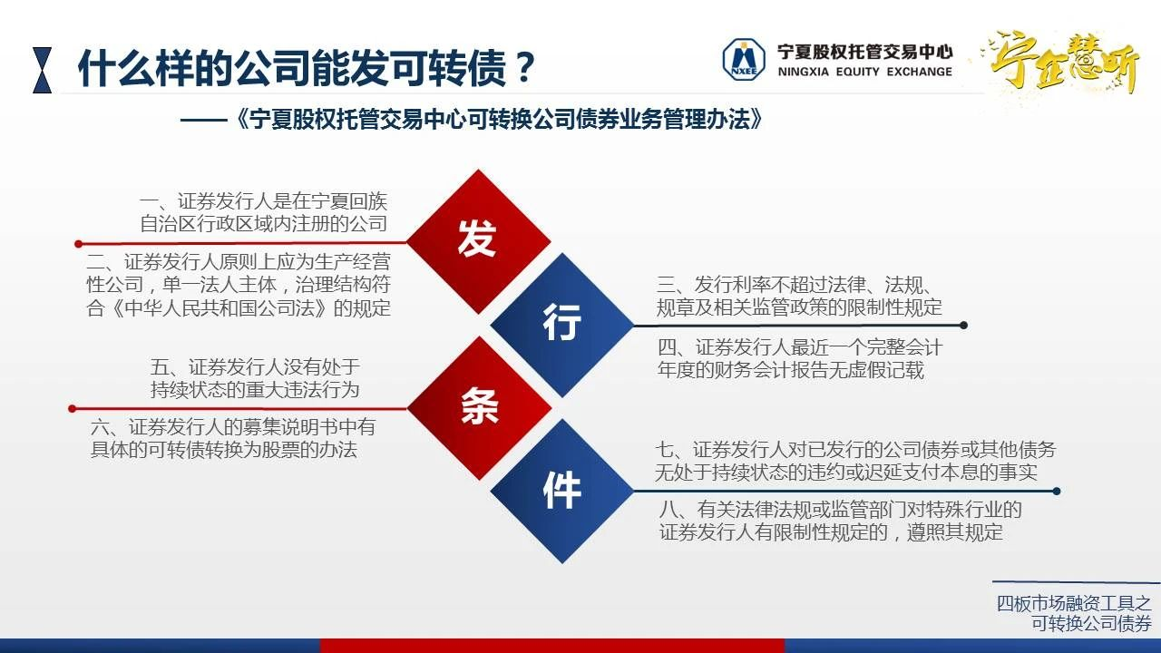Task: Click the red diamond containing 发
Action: tap(478, 241)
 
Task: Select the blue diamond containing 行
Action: tap(562, 325)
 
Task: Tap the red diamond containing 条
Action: tap(479, 408)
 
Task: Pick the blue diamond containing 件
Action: tap(562, 492)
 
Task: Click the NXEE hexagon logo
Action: tap(744, 60)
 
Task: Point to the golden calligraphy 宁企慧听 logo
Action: tap(1062, 63)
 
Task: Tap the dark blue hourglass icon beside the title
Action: tap(43, 70)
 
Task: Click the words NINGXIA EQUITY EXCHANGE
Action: tap(864, 72)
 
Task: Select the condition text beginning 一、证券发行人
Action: tap(263, 212)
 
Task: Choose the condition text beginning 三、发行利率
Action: tap(798, 296)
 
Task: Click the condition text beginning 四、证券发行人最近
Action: tap(799, 358)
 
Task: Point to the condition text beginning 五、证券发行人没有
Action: tap(255, 378)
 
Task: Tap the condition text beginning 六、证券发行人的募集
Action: tap(233, 438)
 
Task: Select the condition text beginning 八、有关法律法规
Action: tap(840, 521)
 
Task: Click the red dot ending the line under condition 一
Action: tap(78, 244)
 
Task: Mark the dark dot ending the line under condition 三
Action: tap(963, 326)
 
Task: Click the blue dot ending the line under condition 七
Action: tap(1057, 492)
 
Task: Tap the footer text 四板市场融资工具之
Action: tap(1074, 603)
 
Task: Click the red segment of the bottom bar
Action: tap(552, 646)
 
